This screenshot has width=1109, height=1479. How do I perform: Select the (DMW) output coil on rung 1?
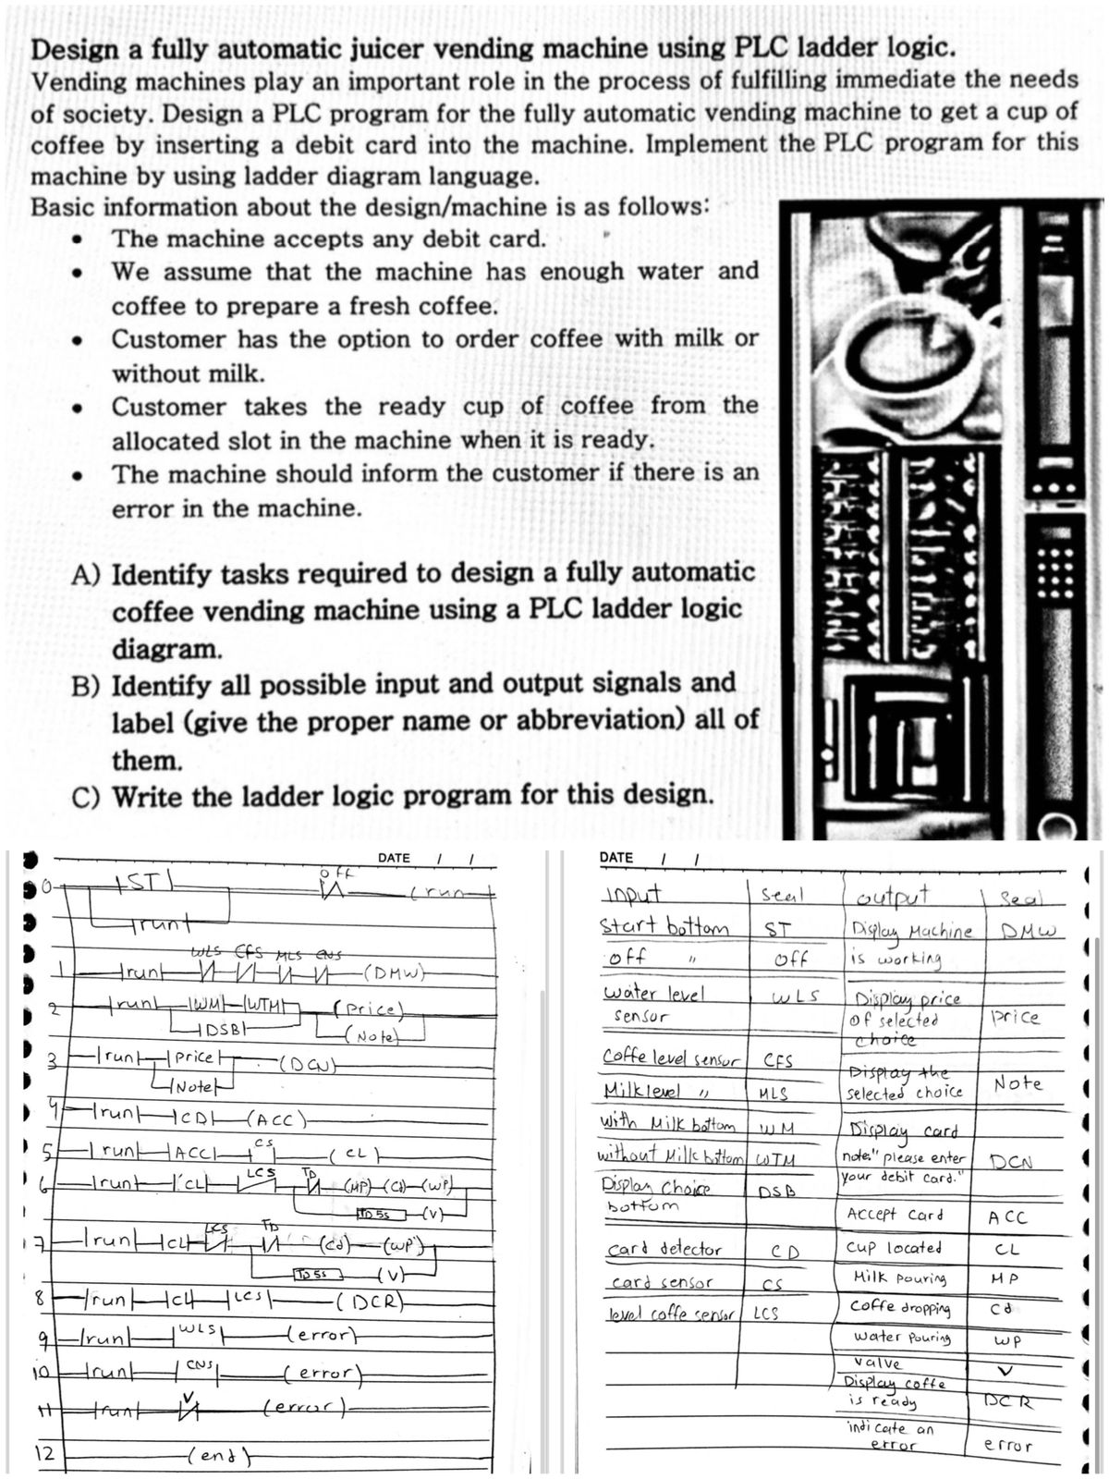395,972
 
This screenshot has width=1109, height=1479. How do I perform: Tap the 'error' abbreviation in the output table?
1008,1444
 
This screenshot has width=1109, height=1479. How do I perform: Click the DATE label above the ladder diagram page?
394,858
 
